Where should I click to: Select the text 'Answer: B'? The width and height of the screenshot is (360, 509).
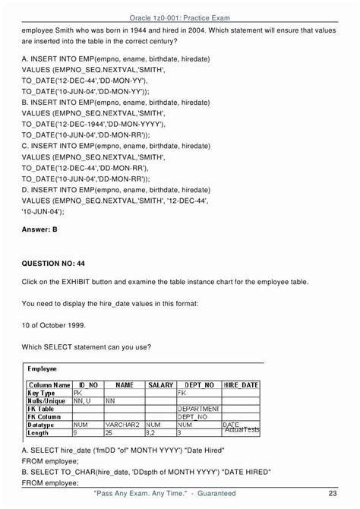(x=39, y=229)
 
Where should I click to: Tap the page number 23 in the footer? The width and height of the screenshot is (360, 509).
(x=333, y=494)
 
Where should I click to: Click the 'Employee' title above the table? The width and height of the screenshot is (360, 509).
(x=46, y=368)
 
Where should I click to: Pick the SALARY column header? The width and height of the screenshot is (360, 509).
(x=160, y=385)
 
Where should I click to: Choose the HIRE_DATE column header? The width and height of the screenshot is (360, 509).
(x=242, y=385)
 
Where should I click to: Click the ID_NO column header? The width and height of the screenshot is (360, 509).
(x=88, y=385)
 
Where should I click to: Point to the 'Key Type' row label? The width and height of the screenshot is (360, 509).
(x=42, y=394)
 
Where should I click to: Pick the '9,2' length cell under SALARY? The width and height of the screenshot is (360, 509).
(x=153, y=432)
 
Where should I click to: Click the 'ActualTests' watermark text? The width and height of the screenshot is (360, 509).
(x=242, y=430)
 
